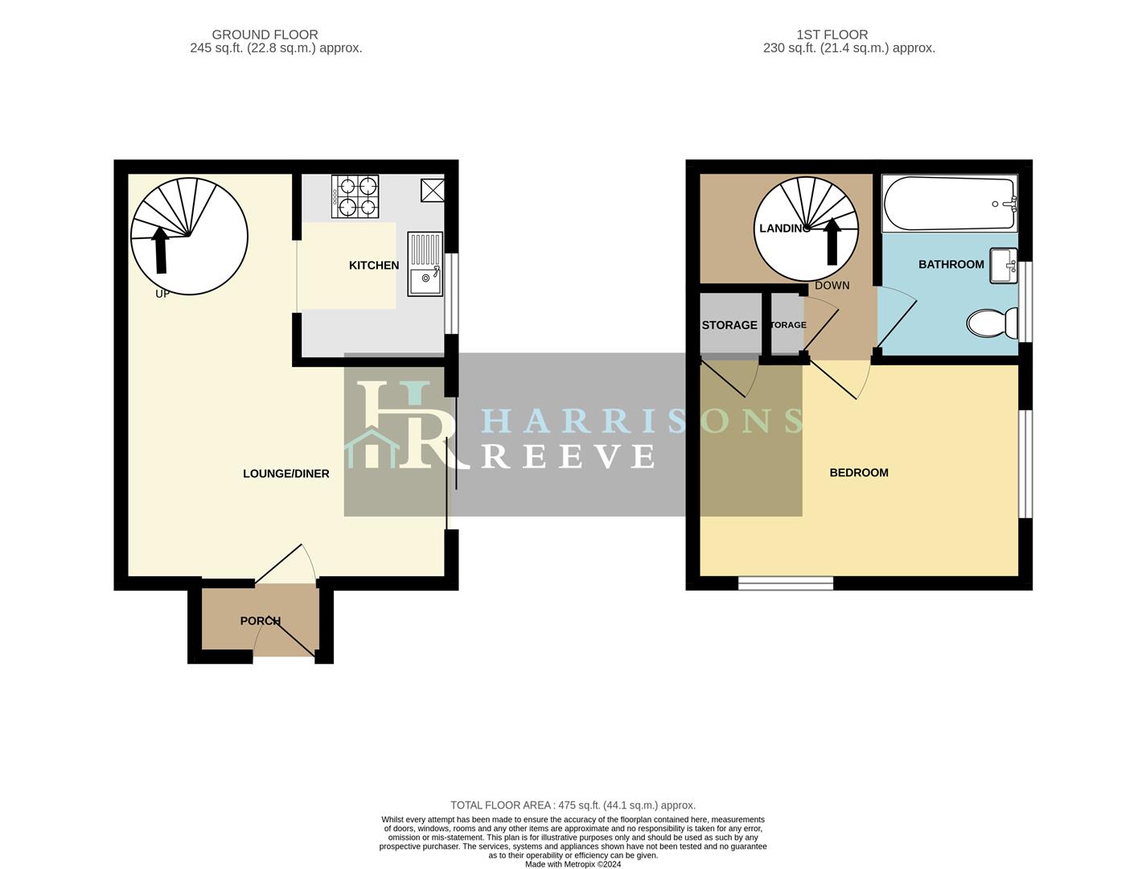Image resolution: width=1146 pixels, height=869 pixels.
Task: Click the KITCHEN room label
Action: click(x=373, y=266)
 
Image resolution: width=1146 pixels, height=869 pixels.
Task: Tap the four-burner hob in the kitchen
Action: click(x=355, y=196)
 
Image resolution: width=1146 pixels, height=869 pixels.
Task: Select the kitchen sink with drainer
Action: click(x=425, y=264)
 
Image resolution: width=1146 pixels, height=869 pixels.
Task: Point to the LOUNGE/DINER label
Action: click(x=286, y=474)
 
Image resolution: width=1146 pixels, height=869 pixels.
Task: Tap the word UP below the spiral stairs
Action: click(x=162, y=294)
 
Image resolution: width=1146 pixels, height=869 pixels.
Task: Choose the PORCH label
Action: click(x=260, y=621)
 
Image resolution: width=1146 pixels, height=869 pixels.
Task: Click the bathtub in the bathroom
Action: click(x=949, y=204)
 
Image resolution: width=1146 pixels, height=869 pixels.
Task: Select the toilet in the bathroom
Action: click(x=992, y=323)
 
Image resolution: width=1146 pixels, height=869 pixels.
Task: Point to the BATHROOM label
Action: click(x=951, y=264)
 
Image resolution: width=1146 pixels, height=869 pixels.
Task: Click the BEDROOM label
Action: click(x=859, y=472)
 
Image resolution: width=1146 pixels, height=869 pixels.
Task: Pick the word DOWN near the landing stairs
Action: click(x=832, y=286)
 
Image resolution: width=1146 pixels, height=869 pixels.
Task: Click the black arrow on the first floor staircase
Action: click(x=832, y=241)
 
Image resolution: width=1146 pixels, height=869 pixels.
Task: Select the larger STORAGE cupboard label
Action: click(x=729, y=325)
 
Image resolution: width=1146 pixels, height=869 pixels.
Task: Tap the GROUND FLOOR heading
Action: click(x=265, y=35)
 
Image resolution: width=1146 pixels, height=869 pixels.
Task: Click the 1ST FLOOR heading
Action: click(x=832, y=35)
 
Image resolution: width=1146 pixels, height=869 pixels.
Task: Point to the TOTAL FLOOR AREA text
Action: click(x=573, y=805)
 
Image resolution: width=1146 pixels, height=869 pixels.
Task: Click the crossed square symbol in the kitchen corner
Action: click(x=433, y=190)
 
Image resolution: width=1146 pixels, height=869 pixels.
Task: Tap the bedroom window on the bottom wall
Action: click(x=786, y=583)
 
